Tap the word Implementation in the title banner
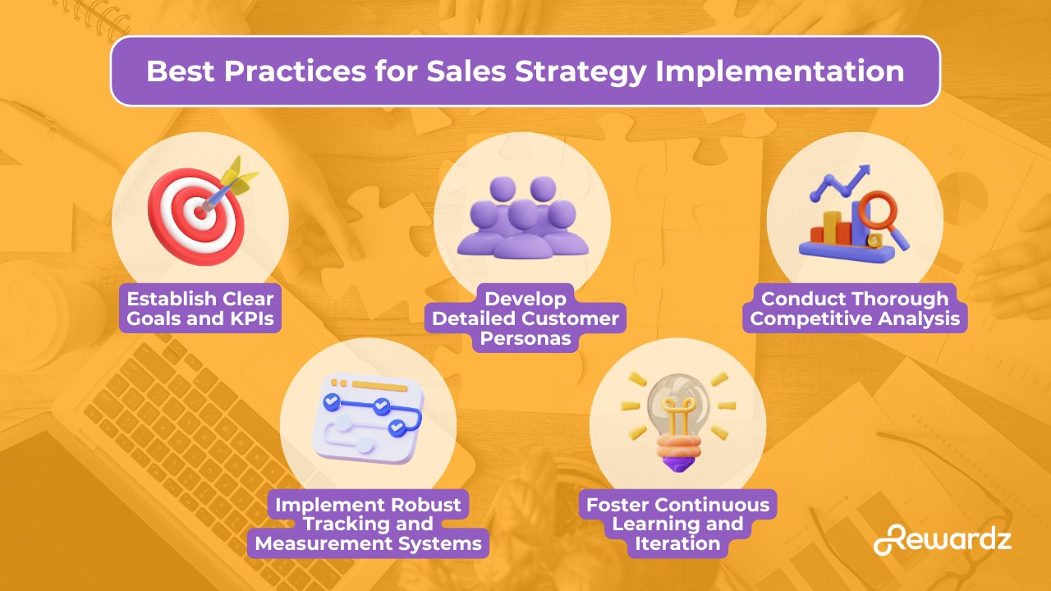coord(779,71)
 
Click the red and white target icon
coord(197,216)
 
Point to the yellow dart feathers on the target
coord(239,176)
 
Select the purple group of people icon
coord(523,217)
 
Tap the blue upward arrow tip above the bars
coord(865,170)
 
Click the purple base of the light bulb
coord(678,464)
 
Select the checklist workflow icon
coord(369,419)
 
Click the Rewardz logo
coord(942,539)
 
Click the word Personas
coord(525,338)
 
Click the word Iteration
coord(677,543)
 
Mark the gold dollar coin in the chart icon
coord(874,241)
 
